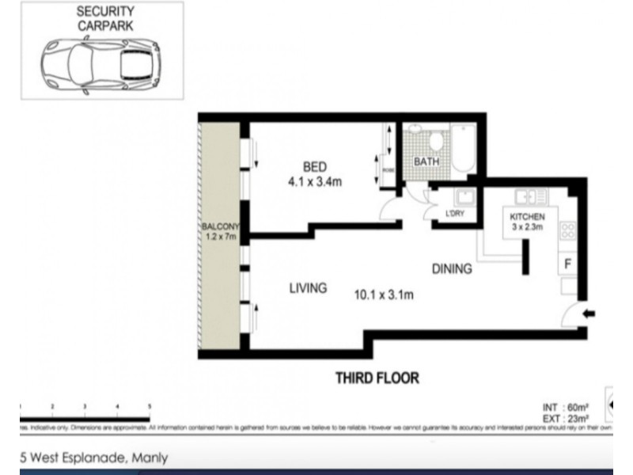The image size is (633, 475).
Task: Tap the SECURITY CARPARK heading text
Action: point(105,18)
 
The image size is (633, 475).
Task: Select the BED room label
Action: point(314,166)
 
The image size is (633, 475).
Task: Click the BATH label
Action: point(426,162)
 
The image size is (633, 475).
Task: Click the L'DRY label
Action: point(455,214)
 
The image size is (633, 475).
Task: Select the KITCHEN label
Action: point(526,217)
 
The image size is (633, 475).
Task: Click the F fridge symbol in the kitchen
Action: point(567,263)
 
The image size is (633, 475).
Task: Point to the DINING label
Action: point(452,269)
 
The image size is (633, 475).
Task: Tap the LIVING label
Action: point(308,288)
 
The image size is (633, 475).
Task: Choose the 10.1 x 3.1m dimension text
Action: point(384,296)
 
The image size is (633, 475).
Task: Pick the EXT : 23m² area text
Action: point(563,419)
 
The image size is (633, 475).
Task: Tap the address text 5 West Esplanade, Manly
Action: point(93,458)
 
